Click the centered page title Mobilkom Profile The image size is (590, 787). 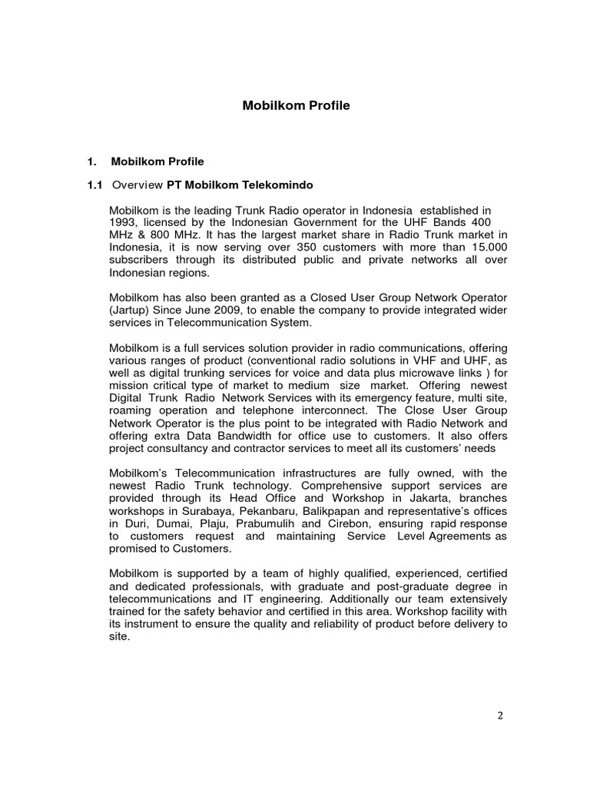click(x=296, y=106)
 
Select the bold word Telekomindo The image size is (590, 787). click(x=277, y=185)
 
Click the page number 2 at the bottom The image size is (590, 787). click(x=499, y=716)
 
